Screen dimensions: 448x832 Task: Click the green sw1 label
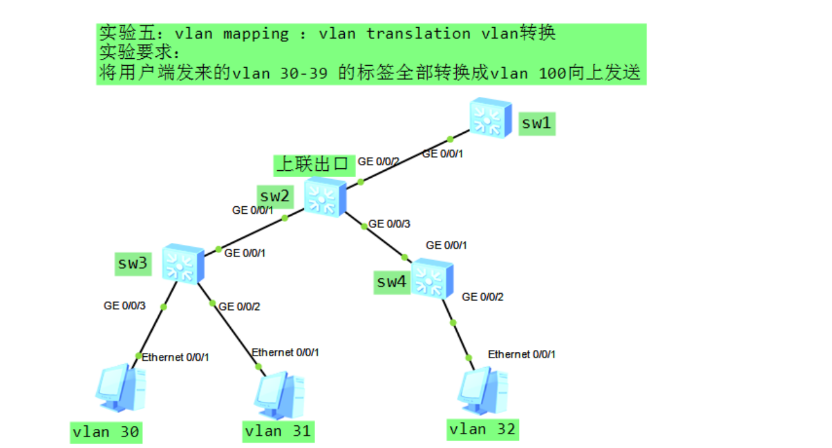pyautogui.click(x=537, y=123)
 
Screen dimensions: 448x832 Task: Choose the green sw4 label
pyautogui.click(x=391, y=282)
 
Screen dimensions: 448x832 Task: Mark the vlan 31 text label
pyautogui.click(x=278, y=431)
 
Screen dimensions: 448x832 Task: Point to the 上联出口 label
pyautogui.click(x=313, y=165)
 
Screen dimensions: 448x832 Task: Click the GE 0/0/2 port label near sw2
pyautogui.click(x=378, y=162)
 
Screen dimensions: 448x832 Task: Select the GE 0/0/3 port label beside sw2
pyautogui.click(x=389, y=223)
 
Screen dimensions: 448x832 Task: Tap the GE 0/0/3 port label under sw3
pyautogui.click(x=125, y=306)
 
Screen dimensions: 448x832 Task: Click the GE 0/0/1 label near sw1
pyautogui.click(x=443, y=153)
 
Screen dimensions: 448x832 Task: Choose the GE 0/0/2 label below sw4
pyautogui.click(x=483, y=297)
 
